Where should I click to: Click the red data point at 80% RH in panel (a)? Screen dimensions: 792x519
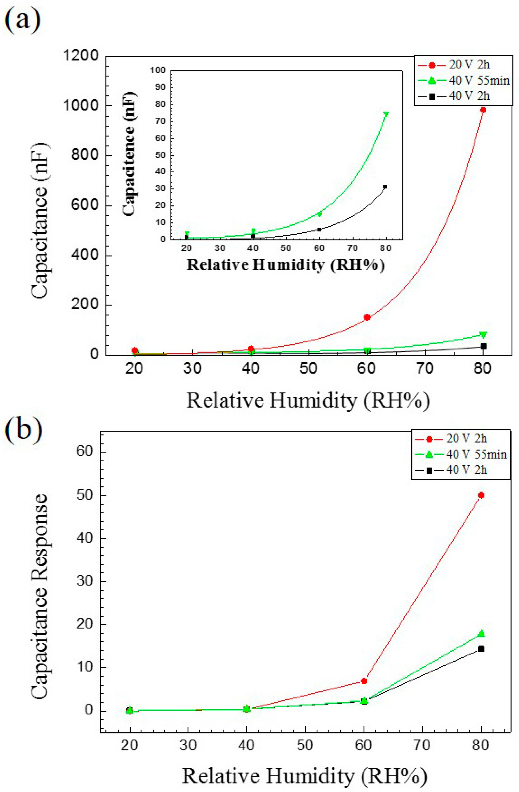click(483, 110)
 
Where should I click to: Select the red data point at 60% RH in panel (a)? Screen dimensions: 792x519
click(367, 317)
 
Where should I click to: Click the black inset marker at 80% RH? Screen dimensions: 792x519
click(385, 187)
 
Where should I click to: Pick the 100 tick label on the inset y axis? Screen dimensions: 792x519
click(158, 70)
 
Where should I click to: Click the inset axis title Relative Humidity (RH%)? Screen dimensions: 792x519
click(286, 265)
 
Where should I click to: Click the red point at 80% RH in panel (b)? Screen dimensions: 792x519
click(481, 495)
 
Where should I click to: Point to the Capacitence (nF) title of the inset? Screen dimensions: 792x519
click(129, 154)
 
